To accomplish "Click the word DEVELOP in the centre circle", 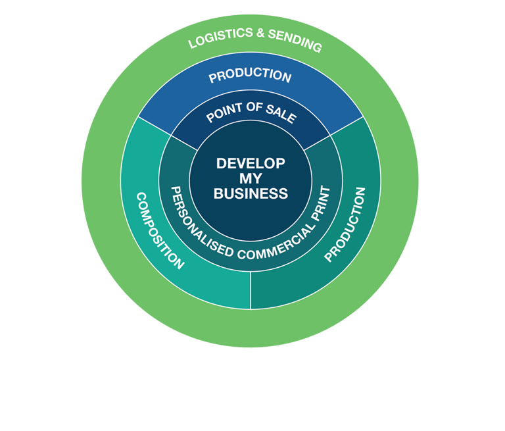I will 251,163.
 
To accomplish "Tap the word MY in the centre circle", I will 251,178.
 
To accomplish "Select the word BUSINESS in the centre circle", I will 251,193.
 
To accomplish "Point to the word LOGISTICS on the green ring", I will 217,39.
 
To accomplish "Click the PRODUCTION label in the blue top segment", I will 250,76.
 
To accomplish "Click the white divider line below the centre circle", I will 251,290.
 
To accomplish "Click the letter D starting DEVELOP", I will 221,163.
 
